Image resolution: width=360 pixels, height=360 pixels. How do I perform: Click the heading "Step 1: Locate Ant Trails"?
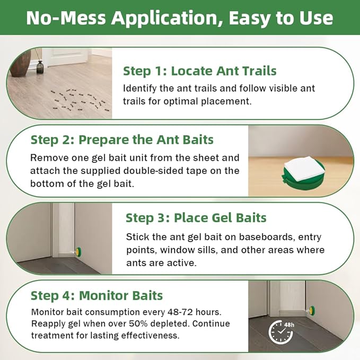(x=200, y=71)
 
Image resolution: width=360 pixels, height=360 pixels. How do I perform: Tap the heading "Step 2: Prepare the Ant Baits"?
(x=122, y=140)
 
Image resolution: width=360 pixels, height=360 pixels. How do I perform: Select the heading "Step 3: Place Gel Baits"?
(x=196, y=218)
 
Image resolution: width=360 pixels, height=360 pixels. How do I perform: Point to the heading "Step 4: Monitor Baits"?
(x=96, y=295)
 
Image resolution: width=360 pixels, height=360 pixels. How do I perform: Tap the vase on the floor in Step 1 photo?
(x=40, y=67)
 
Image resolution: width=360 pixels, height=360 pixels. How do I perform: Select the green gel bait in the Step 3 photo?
(x=78, y=250)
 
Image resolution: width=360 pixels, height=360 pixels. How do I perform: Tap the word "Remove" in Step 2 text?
(x=48, y=158)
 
